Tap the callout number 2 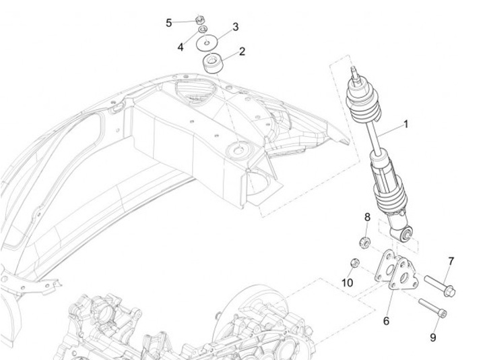(x=241, y=51)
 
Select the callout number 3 (x=235, y=27)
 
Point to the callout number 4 (x=181, y=47)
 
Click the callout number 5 (x=169, y=23)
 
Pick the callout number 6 (x=386, y=321)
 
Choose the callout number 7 (x=451, y=261)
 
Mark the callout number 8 (x=367, y=217)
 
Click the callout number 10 (x=347, y=282)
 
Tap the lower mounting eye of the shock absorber (x=406, y=234)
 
